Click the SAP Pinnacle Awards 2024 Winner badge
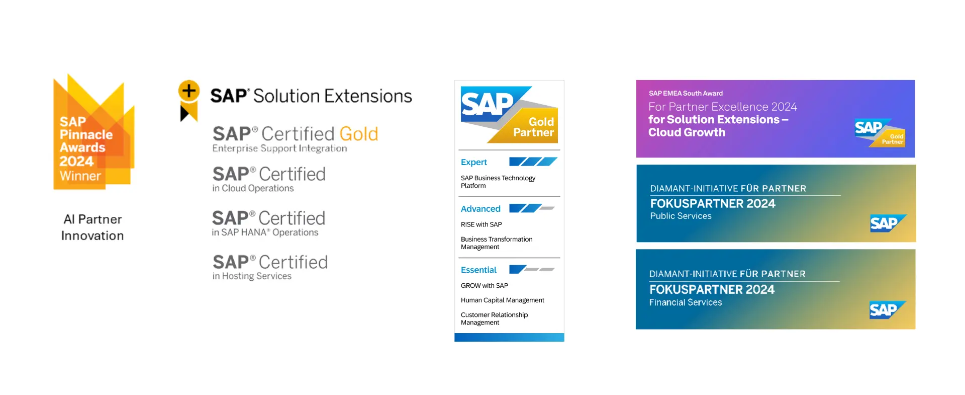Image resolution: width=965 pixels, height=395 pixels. click(x=93, y=133)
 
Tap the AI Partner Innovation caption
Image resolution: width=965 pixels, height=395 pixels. click(x=92, y=227)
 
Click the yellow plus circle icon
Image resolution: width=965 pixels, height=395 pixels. click(x=189, y=91)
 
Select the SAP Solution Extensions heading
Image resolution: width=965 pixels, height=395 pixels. click(x=311, y=96)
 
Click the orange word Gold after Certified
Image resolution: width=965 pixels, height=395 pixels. click(x=358, y=134)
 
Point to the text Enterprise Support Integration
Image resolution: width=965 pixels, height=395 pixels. click(x=279, y=148)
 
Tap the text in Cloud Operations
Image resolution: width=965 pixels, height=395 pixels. click(x=253, y=188)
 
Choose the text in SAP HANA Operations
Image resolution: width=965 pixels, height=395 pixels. click(x=265, y=232)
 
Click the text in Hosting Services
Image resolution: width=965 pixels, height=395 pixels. click(x=252, y=276)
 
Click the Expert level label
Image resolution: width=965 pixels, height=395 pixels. click(x=473, y=162)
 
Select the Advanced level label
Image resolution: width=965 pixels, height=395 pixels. click(x=480, y=209)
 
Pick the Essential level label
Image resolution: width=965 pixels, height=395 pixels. click(x=478, y=270)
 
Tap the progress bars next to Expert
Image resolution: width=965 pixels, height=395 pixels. click(x=533, y=162)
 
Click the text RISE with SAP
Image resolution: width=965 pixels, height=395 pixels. click(x=481, y=224)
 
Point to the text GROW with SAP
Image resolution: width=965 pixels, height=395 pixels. click(x=484, y=286)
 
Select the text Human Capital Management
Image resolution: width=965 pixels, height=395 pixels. click(x=502, y=300)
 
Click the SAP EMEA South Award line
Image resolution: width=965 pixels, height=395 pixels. click(x=686, y=93)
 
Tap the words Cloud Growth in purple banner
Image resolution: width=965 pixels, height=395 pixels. click(x=687, y=132)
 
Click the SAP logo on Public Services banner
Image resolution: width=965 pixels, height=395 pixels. click(x=887, y=223)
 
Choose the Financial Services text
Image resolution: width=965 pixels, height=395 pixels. click(x=685, y=302)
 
